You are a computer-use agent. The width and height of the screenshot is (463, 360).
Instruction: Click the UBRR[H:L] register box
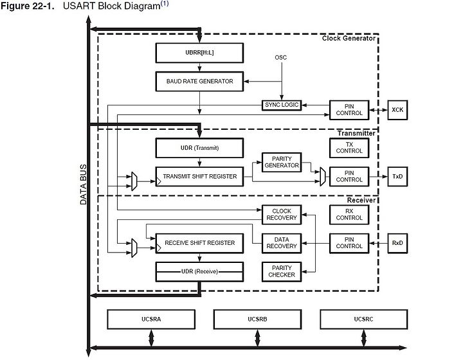tap(199, 53)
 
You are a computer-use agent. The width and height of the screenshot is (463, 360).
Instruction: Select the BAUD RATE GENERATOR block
tap(199, 81)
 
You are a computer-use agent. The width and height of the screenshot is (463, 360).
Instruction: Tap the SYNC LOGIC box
tap(282, 105)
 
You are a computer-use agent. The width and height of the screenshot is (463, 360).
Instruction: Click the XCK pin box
tap(397, 110)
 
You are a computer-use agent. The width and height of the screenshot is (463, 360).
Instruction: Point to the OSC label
tap(281, 58)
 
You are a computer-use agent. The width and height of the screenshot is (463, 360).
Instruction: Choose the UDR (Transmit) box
tap(199, 148)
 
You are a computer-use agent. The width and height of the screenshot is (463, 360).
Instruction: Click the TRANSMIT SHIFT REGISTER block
tap(199, 176)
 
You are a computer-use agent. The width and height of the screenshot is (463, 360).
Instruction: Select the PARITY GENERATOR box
tap(282, 162)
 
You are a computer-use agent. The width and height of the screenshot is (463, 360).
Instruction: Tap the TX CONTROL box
tap(349, 148)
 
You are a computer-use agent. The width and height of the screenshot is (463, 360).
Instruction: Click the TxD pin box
tap(397, 176)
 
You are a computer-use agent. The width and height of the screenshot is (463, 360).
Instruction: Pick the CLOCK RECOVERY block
tap(282, 215)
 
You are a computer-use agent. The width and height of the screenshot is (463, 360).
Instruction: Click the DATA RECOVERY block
tap(282, 243)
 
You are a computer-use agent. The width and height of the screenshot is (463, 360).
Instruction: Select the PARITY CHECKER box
tap(282, 271)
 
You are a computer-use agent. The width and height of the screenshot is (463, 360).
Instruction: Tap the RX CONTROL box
tap(349, 215)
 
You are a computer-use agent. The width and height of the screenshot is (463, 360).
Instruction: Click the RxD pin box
tap(397, 243)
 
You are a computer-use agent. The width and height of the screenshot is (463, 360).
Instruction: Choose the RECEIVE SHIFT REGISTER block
tap(199, 243)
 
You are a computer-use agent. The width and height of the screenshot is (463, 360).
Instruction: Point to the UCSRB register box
tap(257, 319)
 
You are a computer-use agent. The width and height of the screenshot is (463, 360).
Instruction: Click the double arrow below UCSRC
tap(364, 338)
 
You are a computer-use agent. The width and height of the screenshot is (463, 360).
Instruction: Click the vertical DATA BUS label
tap(83, 184)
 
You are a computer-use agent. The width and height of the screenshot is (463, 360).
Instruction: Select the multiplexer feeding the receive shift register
tap(134, 248)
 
